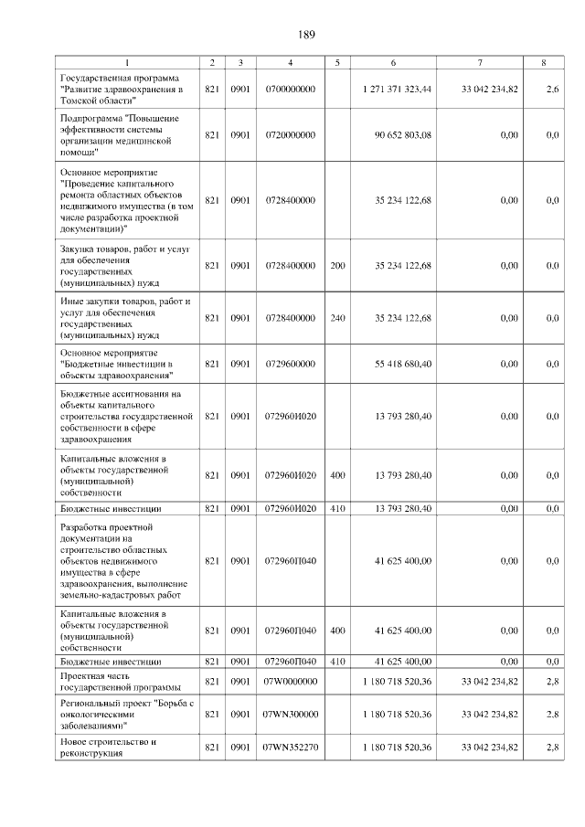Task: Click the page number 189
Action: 306,35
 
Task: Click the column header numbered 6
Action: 393,63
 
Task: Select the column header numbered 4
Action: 290,63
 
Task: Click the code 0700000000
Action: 289,89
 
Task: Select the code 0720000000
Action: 289,135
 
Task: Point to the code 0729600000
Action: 289,364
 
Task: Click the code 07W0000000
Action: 289,681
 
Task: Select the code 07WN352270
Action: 289,747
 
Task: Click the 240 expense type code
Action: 337,318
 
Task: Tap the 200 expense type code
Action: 337,265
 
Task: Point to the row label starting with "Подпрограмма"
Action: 119,135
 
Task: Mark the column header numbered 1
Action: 127,63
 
